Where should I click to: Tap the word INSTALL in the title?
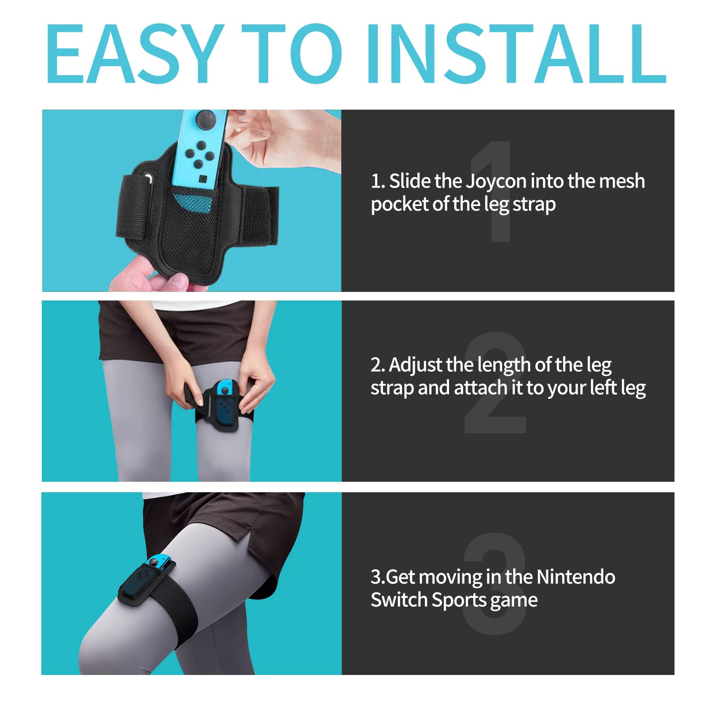click(x=516, y=53)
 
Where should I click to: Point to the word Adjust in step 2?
click(x=416, y=365)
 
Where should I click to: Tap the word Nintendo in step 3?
click(x=575, y=577)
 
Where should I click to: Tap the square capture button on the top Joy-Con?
click(x=203, y=179)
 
